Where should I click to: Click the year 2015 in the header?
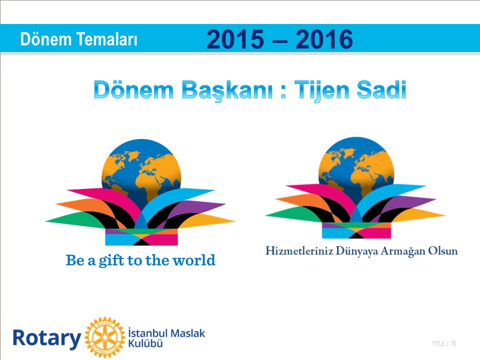(235, 39)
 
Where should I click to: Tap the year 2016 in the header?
(324, 39)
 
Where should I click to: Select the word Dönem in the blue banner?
(45, 39)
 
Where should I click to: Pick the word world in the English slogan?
(194, 260)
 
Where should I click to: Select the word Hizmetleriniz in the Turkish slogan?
(299, 250)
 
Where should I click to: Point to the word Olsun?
(442, 250)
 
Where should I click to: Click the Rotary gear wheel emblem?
(105, 337)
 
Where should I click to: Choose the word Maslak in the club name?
(187, 333)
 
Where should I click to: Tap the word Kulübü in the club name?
(145, 343)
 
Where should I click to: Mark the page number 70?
(453, 344)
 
